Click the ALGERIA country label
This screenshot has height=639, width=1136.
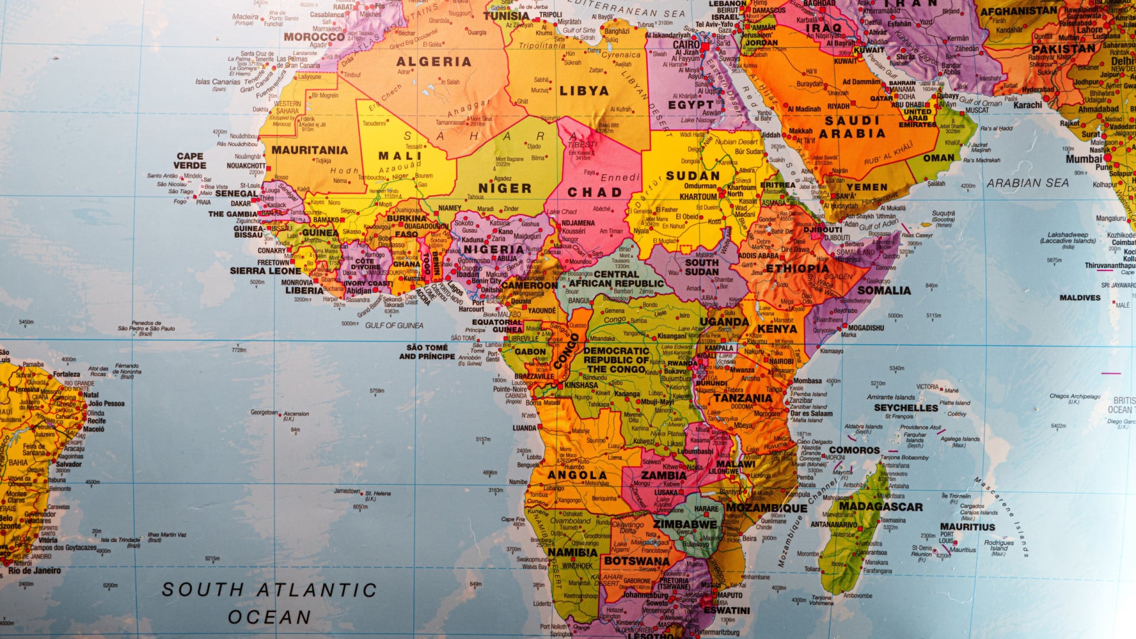click(x=433, y=62)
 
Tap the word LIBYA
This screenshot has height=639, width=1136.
click(x=584, y=91)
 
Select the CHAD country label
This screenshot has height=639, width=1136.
click(x=595, y=192)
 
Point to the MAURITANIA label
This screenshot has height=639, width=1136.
click(x=309, y=150)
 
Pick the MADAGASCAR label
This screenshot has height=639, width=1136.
click(x=880, y=506)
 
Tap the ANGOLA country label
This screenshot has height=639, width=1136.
click(x=577, y=475)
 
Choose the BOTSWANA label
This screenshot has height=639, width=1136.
click(x=637, y=561)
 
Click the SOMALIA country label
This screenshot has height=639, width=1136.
click(x=884, y=291)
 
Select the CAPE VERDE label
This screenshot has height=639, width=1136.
click(x=190, y=161)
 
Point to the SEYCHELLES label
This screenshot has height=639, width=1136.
click(x=906, y=408)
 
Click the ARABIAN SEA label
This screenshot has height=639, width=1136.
click(x=1027, y=183)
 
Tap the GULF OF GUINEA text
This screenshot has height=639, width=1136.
click(x=394, y=325)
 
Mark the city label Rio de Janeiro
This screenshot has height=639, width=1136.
click(x=34, y=571)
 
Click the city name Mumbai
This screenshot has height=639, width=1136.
click(x=1084, y=159)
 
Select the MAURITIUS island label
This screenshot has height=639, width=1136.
click(x=967, y=527)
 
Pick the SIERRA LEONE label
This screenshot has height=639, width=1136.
click(x=265, y=271)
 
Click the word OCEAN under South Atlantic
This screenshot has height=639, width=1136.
click(x=269, y=617)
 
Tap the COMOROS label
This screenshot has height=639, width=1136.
click(x=854, y=450)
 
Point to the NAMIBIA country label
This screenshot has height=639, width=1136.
click(x=572, y=552)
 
